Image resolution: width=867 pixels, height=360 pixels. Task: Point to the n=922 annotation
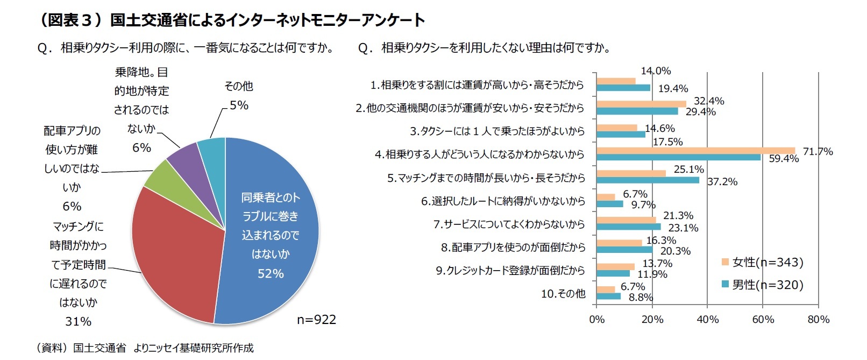click(x=316, y=320)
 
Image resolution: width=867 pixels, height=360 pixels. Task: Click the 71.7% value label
click(x=818, y=152)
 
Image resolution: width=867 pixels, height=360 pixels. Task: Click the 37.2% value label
click(x=722, y=182)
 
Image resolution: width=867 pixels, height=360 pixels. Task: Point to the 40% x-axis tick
click(x=707, y=320)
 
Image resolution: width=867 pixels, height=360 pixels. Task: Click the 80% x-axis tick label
click(x=818, y=320)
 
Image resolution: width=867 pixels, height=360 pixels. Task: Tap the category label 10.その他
click(x=563, y=294)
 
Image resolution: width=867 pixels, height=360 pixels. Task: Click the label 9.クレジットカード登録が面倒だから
click(x=510, y=271)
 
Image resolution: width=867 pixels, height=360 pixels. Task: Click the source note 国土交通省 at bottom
click(x=100, y=348)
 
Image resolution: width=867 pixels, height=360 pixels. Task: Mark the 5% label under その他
click(x=239, y=105)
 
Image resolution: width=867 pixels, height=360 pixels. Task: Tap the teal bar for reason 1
click(x=623, y=88)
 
